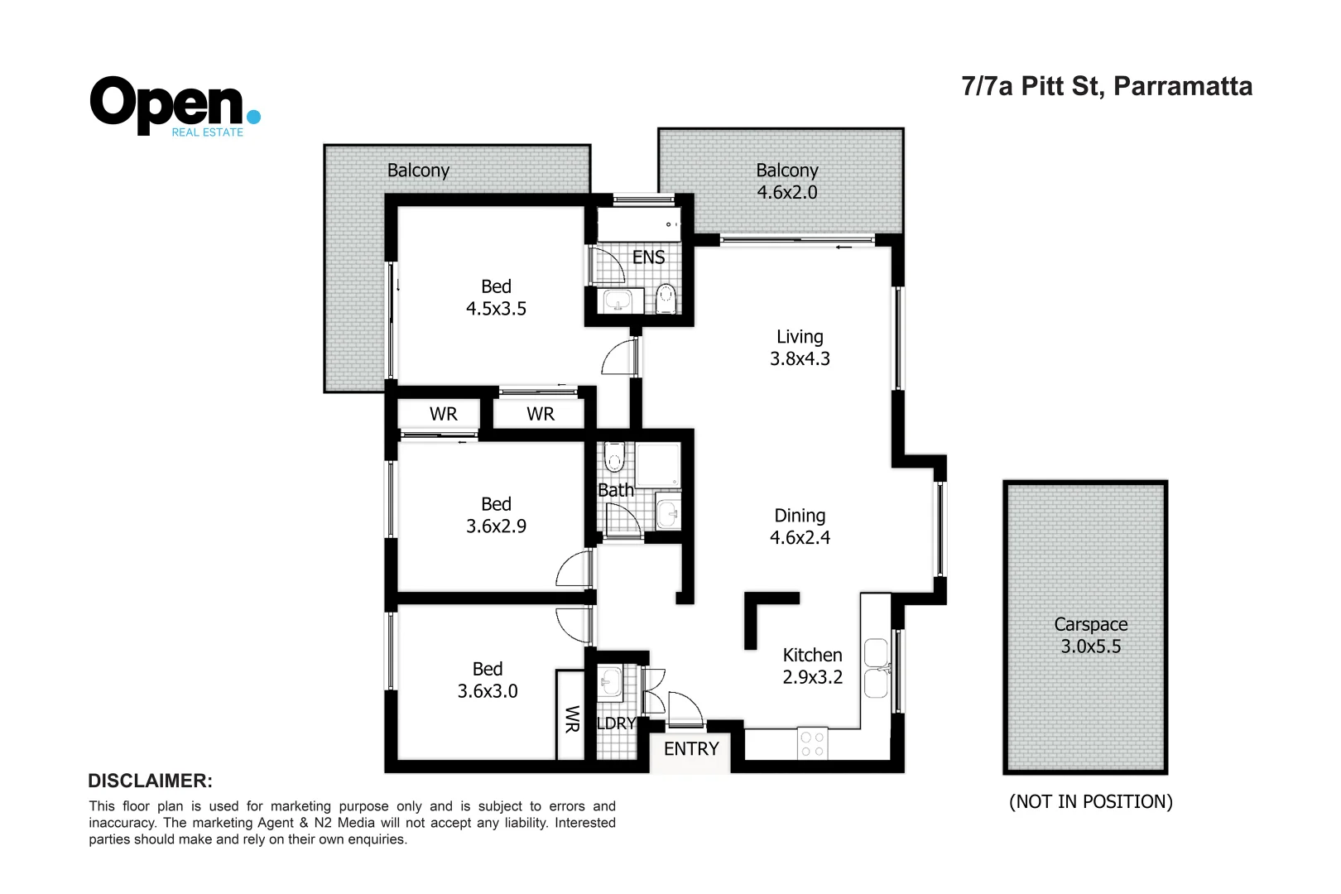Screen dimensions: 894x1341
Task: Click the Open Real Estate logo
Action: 175,106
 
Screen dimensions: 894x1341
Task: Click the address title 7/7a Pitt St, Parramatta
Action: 1107,86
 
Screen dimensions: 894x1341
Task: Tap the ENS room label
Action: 648,257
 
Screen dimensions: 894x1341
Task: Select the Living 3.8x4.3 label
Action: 800,348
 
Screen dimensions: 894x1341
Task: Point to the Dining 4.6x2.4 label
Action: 800,526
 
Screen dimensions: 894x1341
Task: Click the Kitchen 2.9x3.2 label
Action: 812,666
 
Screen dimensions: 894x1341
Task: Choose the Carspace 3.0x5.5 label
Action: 1090,635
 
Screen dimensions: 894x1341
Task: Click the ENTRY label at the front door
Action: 691,748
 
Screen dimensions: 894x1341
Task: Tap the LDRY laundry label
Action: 616,723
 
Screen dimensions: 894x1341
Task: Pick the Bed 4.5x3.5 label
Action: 496,297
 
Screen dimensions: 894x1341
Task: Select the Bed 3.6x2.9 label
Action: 496,515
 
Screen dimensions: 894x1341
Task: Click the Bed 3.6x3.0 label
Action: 488,680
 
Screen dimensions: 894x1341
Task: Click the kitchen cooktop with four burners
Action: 812,744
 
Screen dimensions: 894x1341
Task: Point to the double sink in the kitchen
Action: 876,668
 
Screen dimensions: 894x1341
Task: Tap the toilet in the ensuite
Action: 666,298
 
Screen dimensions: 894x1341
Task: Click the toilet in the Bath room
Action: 614,456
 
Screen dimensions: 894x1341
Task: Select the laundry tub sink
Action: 610,683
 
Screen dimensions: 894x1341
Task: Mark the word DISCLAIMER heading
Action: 150,781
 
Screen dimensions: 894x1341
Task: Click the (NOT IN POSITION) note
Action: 1090,801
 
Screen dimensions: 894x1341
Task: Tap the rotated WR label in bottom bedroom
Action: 571,719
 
